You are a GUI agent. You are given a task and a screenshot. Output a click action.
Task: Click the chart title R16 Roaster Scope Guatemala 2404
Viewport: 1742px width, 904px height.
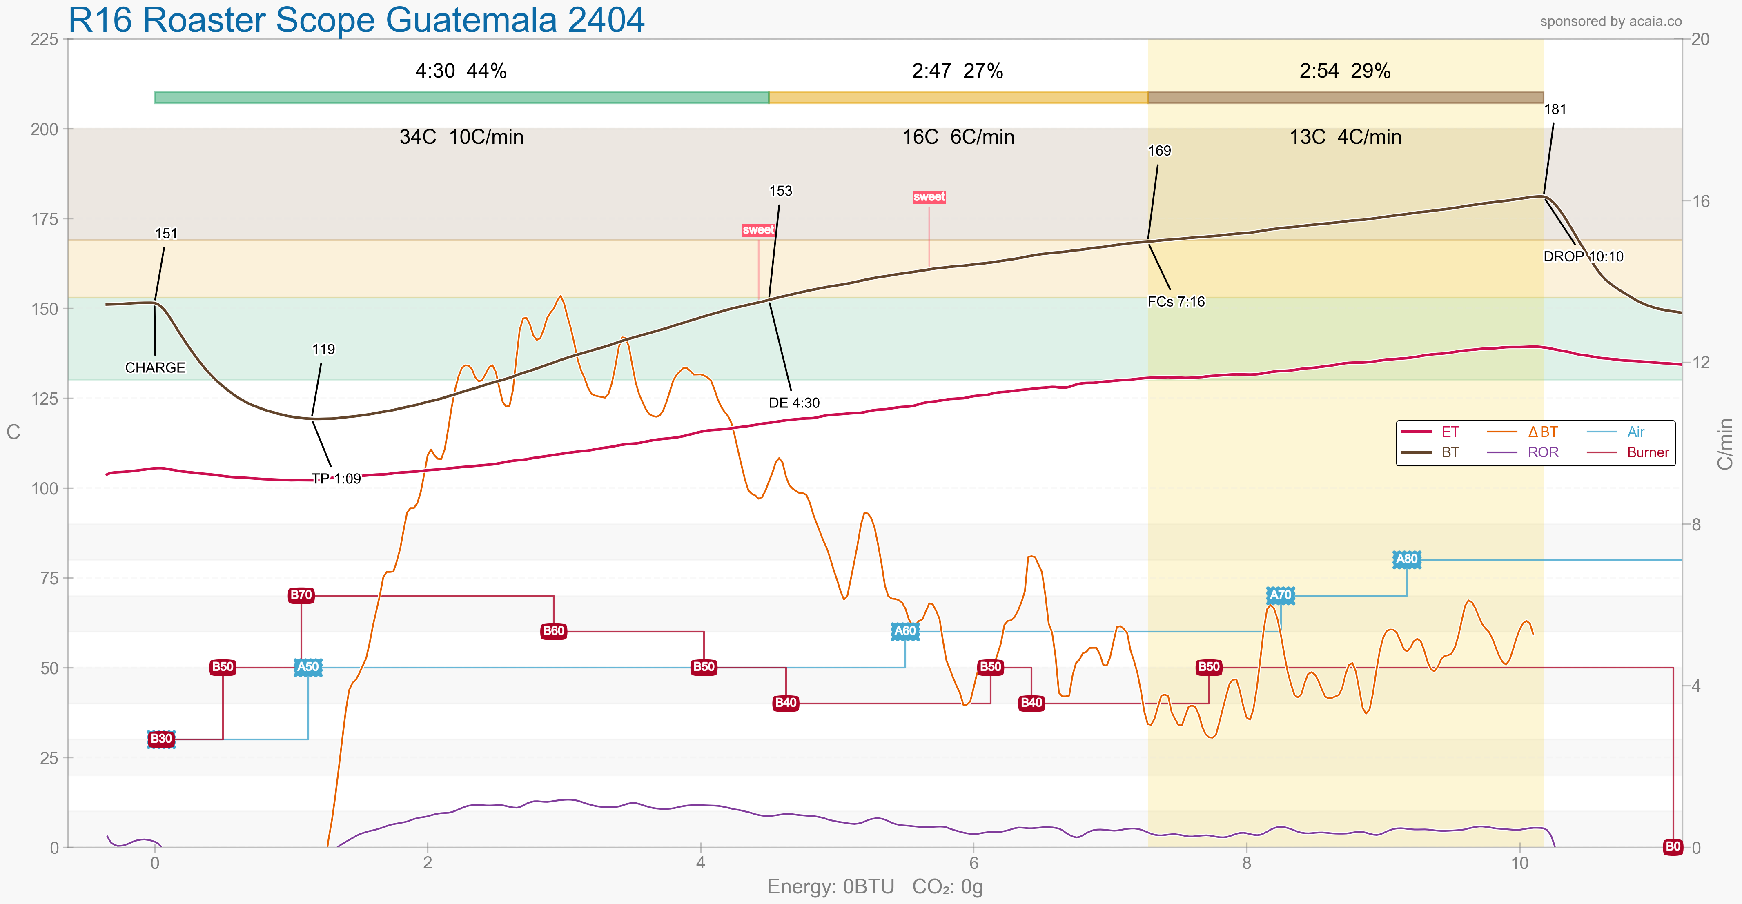click(x=356, y=20)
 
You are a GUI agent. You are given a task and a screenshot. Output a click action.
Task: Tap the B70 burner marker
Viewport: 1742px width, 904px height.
click(x=301, y=595)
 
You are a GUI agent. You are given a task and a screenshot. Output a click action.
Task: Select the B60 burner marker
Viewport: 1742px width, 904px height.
click(x=553, y=631)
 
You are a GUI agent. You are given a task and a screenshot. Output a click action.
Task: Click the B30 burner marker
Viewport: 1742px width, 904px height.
click(x=161, y=738)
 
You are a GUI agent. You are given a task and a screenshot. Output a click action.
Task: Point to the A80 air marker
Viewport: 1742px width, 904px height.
click(x=1407, y=559)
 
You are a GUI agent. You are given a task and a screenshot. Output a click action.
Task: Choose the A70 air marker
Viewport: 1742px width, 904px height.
click(x=1280, y=595)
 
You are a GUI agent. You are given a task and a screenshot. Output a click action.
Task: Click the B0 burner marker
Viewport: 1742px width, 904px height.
click(x=1672, y=846)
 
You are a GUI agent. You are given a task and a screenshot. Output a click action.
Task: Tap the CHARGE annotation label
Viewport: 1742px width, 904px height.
click(x=155, y=368)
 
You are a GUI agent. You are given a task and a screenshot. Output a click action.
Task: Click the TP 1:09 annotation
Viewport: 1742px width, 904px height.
click(x=336, y=479)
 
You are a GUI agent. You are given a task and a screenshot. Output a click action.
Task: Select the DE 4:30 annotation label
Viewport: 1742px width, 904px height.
click(x=794, y=403)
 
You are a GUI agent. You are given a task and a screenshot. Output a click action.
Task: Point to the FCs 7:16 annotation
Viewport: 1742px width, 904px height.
click(x=1176, y=302)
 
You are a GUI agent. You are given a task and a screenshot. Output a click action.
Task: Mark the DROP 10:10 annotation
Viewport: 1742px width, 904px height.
click(x=1583, y=257)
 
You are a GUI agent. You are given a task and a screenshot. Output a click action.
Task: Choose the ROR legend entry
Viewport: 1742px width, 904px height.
click(x=1542, y=452)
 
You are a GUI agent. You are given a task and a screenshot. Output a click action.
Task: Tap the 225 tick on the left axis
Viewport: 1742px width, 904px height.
click(x=45, y=39)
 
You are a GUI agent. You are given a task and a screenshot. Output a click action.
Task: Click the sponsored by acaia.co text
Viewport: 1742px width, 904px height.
click(x=1610, y=22)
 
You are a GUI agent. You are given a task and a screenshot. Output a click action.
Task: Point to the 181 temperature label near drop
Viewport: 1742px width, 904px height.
click(x=1555, y=109)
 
